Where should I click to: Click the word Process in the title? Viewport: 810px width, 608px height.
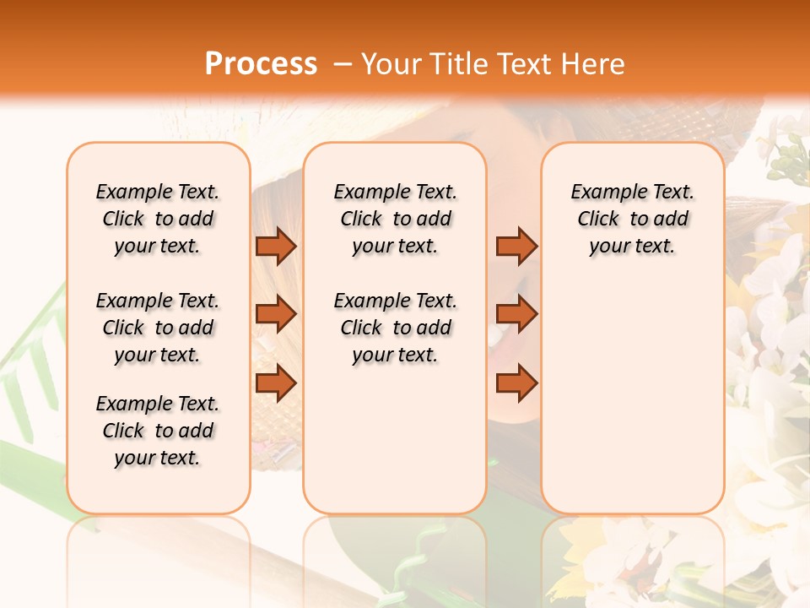click(x=261, y=63)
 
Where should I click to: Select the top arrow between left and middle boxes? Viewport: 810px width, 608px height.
click(x=276, y=246)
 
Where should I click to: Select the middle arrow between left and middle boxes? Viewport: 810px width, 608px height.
click(x=276, y=314)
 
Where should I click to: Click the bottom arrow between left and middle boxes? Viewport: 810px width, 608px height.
click(x=276, y=383)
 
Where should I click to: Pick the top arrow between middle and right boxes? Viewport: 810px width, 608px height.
click(x=516, y=246)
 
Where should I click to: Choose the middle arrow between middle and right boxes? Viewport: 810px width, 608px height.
click(x=516, y=314)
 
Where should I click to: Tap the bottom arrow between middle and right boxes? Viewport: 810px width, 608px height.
click(x=516, y=383)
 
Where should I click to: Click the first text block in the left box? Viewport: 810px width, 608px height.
click(x=158, y=219)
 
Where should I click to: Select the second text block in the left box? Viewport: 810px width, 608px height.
click(x=158, y=328)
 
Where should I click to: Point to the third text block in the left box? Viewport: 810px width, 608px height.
click(x=158, y=431)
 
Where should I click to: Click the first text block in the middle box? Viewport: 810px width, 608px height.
click(x=395, y=219)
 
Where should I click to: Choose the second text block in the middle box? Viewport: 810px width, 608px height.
click(x=395, y=328)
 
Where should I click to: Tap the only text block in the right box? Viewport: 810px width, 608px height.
click(x=633, y=219)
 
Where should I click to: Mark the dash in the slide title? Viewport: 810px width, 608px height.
click(x=342, y=64)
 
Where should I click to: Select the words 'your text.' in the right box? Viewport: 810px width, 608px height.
click(x=633, y=247)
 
